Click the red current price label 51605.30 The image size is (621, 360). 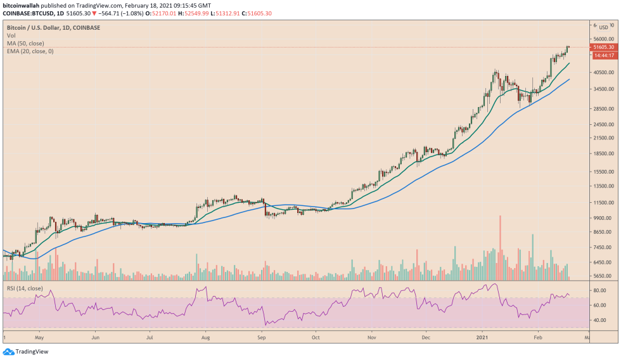[x=602, y=47]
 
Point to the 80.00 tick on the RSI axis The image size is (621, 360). [x=599, y=290]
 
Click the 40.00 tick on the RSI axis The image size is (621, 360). [x=599, y=320]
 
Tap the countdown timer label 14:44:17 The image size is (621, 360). [x=602, y=55]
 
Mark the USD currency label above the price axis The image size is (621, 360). [x=603, y=27]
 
